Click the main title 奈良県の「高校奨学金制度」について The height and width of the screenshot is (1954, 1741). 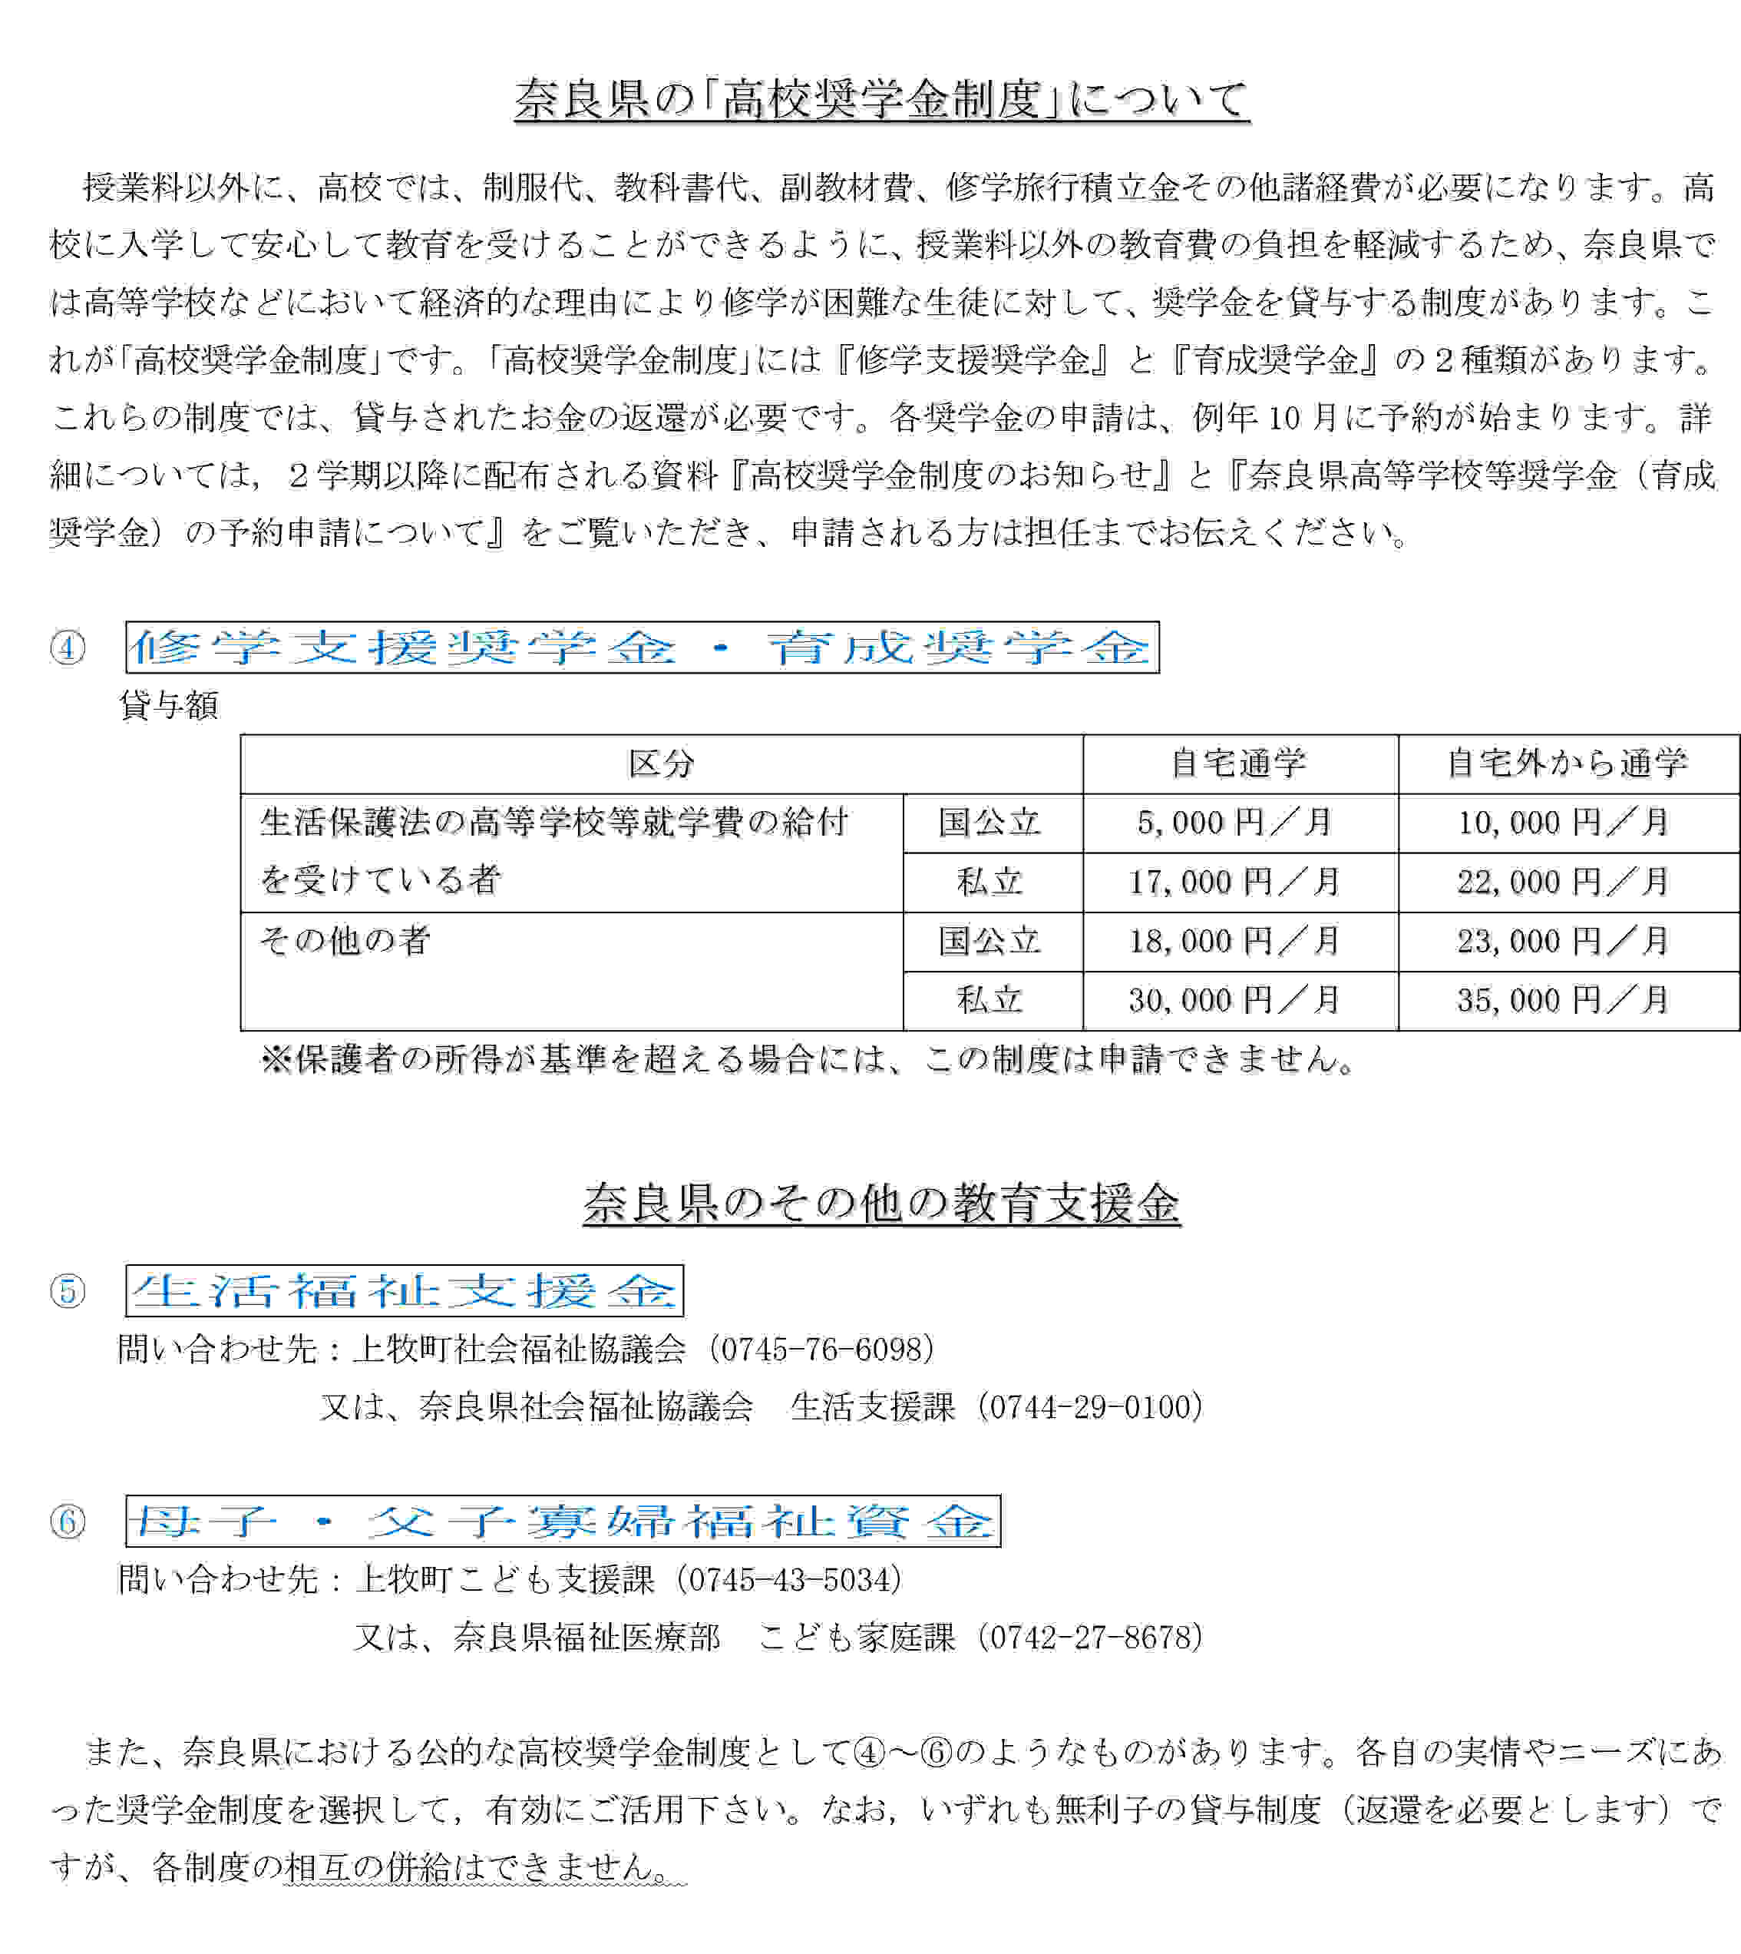tap(881, 101)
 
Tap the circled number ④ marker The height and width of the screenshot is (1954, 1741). tap(68, 647)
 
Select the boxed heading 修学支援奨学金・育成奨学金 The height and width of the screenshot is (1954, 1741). tap(642, 647)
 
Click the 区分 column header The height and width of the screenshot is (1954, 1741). tap(661, 763)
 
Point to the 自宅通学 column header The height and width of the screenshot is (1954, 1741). tap(1239, 763)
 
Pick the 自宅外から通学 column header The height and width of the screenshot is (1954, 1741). tap(1567, 763)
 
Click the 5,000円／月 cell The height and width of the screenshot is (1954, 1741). tap(1234, 822)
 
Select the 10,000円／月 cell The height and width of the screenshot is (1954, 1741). tap(1563, 822)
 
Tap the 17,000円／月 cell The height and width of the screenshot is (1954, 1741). tap(1234, 881)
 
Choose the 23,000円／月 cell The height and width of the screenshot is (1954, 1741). tap(1563, 941)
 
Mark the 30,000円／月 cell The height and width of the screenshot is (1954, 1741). tap(1234, 1000)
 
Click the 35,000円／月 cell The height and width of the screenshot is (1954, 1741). tap(1563, 1000)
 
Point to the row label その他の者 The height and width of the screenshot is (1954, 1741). tap(345, 941)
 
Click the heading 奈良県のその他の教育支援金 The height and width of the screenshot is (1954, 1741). tap(881, 1203)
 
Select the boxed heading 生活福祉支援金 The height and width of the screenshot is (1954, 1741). tap(405, 1291)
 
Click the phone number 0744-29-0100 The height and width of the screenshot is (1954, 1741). tap(1095, 1406)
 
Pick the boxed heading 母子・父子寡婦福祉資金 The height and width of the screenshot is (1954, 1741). tap(563, 1522)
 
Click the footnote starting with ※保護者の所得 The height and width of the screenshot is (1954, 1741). tap(808, 1059)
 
